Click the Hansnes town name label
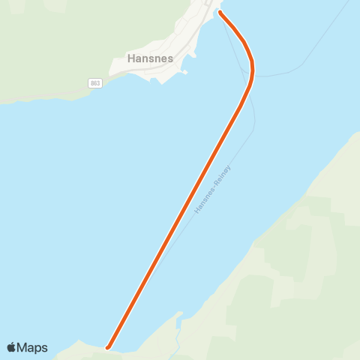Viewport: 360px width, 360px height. point(151,58)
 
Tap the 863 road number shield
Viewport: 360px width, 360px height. point(94,82)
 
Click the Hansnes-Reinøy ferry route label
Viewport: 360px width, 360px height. point(213,190)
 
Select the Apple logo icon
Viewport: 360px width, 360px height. point(12,347)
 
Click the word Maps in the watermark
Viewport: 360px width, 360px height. point(34,347)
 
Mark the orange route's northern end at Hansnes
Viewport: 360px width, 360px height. point(220,12)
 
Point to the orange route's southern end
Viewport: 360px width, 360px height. point(109,346)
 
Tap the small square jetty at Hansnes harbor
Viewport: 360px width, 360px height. point(184,73)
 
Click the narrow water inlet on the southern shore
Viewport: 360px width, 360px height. point(178,318)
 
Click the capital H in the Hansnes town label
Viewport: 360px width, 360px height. point(132,58)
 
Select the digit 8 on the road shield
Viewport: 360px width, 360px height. point(91,82)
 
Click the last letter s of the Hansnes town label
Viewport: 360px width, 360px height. point(171,58)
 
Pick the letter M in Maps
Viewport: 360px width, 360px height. point(25,347)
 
